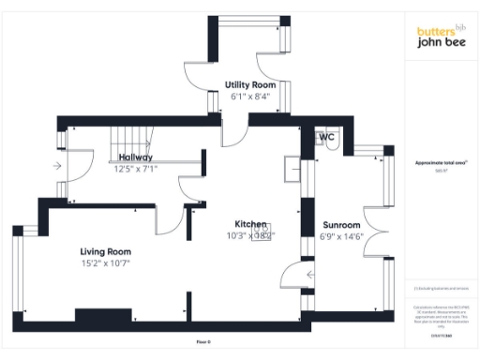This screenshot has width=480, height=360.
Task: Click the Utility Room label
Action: coord(249,85)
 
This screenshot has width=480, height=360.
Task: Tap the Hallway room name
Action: coord(135,157)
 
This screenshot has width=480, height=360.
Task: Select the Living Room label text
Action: coord(105,251)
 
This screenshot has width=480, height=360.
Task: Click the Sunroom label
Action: coord(341,225)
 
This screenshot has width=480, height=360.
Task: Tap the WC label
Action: coord(327,137)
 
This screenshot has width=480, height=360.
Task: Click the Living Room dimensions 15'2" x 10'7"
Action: coord(105,264)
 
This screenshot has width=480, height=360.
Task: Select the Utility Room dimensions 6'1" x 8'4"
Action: coord(249,97)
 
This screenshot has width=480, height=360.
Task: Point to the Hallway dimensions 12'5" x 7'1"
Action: coord(136,170)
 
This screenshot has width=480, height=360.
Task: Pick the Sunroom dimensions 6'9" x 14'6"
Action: coord(342,237)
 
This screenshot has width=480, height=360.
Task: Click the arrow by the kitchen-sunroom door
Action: coord(310,274)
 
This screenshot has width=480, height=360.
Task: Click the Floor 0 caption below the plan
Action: coord(204,341)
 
